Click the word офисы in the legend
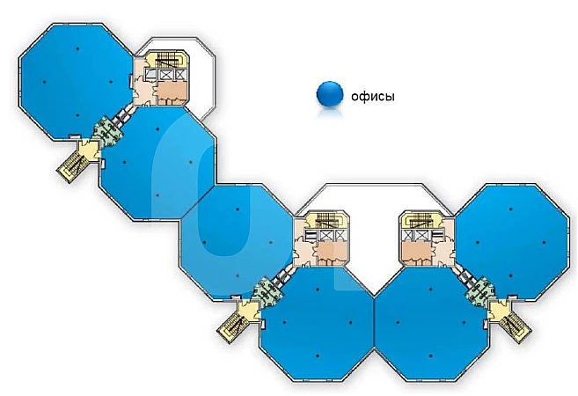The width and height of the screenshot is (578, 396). click(x=373, y=95)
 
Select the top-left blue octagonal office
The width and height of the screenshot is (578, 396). click(x=75, y=79)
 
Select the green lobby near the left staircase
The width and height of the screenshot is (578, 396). click(x=108, y=133)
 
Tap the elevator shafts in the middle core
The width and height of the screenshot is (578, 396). click(x=328, y=236)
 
